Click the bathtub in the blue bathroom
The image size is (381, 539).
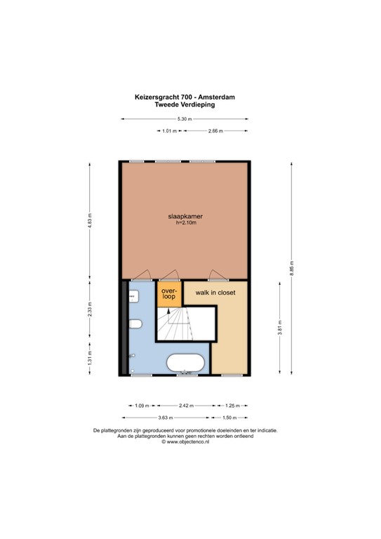[x=185, y=363]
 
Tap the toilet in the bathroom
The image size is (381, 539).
[x=135, y=324]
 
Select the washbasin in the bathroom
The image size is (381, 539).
[x=133, y=296]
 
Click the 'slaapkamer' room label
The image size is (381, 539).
[x=185, y=216]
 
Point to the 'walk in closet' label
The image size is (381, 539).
[x=215, y=293]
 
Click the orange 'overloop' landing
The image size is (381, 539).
[x=168, y=294]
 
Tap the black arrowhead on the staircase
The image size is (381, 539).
[x=168, y=311]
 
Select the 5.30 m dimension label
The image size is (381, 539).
[x=185, y=119]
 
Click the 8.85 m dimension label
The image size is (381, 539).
[x=292, y=268]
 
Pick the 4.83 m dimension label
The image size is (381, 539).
[x=90, y=220]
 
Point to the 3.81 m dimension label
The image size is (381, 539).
[x=280, y=328]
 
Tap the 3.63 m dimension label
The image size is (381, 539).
[x=166, y=418]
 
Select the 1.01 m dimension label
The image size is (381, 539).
[x=169, y=131]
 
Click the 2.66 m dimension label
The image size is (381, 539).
[x=215, y=131]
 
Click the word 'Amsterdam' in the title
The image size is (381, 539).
[x=216, y=98]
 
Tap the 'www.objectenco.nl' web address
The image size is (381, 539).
[x=188, y=442]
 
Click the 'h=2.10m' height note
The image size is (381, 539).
[x=186, y=222]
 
